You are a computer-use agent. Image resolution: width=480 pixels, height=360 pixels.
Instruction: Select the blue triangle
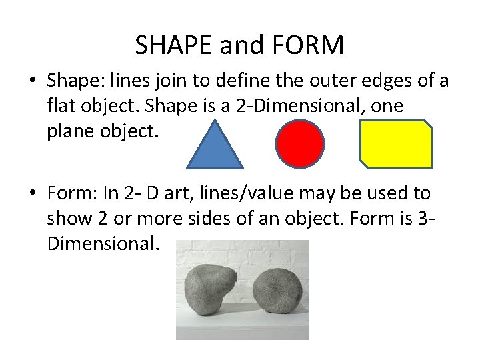(217, 148)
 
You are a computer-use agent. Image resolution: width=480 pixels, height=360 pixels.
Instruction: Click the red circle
(300, 144)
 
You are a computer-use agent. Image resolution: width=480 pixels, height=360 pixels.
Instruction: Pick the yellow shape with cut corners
(397, 143)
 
